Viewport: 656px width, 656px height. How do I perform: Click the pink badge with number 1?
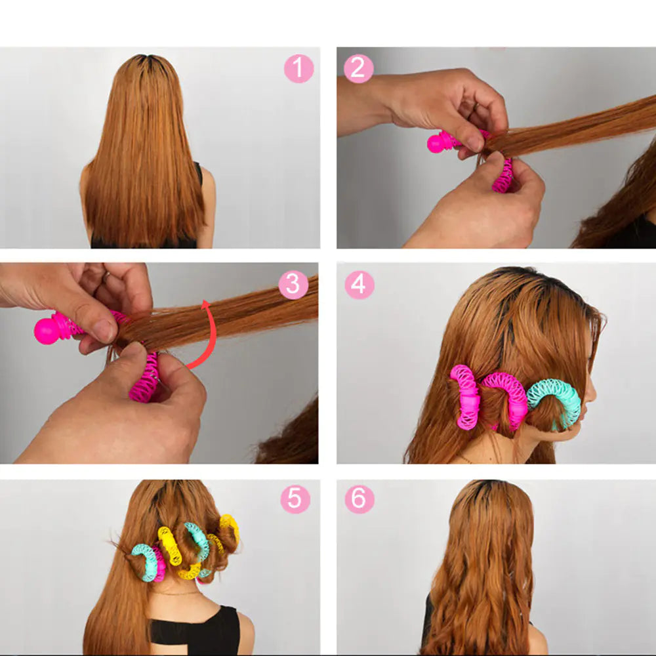[x=298, y=69]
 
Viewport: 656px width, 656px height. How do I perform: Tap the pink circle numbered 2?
[x=358, y=69]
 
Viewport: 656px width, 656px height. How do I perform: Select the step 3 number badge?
[x=293, y=285]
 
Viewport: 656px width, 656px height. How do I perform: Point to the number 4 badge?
[x=359, y=285]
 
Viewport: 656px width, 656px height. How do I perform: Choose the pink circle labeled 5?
[x=295, y=500]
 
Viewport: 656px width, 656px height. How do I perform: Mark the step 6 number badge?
[x=359, y=500]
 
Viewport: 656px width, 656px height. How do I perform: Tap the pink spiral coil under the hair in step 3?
[x=144, y=380]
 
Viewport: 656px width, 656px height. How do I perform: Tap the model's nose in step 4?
[x=592, y=394]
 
